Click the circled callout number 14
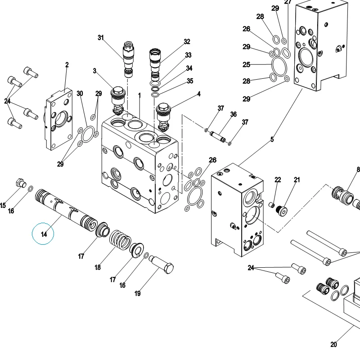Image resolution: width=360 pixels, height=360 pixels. (x=44, y=234)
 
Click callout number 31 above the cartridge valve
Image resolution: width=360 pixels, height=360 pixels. (x=101, y=37)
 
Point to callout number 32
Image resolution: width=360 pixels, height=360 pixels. (x=187, y=41)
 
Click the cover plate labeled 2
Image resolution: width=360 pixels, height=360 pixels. (x=58, y=119)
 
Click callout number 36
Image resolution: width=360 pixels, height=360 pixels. (x=233, y=114)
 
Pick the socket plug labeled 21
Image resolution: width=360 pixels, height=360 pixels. (x=282, y=210)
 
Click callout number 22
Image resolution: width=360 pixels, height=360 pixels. (x=278, y=180)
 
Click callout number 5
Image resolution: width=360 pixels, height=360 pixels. (x=272, y=139)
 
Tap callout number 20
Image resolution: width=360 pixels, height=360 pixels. (x=333, y=344)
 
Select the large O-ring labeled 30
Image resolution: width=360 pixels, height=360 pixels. (x=88, y=134)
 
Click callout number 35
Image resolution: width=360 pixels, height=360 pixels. (x=190, y=81)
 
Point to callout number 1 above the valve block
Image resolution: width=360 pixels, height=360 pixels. (x=139, y=95)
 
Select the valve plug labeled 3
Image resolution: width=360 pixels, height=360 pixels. (x=118, y=100)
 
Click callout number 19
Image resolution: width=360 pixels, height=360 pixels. (x=138, y=293)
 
